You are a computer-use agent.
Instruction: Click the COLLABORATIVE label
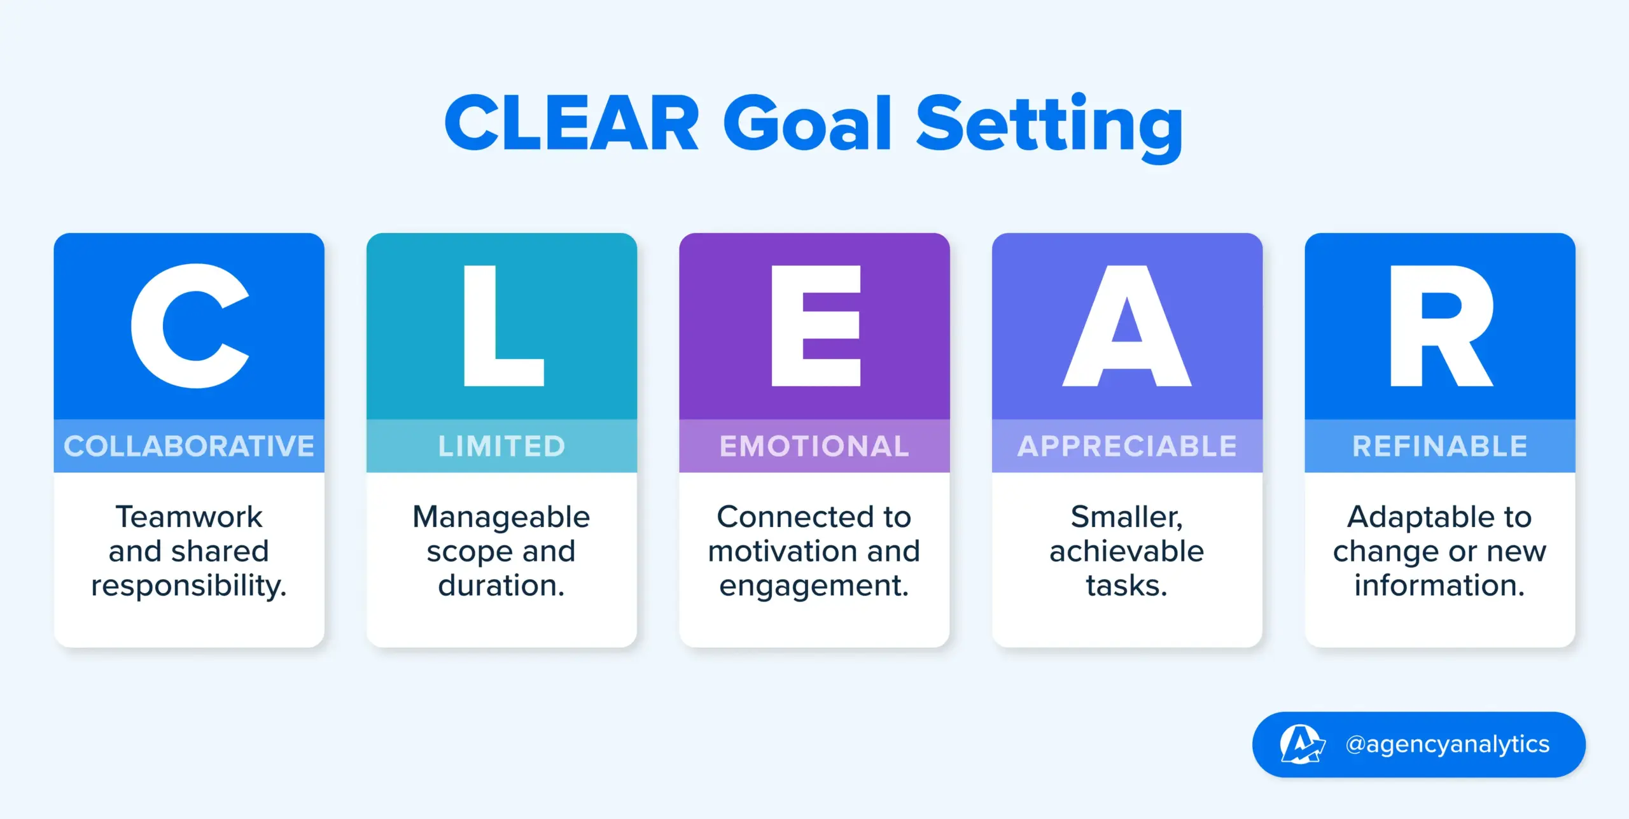point(189,446)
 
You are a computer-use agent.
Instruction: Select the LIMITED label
point(501,446)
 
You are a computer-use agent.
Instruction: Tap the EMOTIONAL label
point(814,446)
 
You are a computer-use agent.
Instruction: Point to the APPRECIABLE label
point(1127,446)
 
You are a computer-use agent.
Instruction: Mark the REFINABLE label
point(1440,446)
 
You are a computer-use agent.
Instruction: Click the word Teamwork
point(189,517)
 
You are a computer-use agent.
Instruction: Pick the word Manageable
point(501,517)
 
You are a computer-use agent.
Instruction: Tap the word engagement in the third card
point(814,586)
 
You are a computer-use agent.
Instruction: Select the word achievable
point(1127,551)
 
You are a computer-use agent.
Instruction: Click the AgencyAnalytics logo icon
point(1302,744)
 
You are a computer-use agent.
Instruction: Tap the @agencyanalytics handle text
point(1448,744)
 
